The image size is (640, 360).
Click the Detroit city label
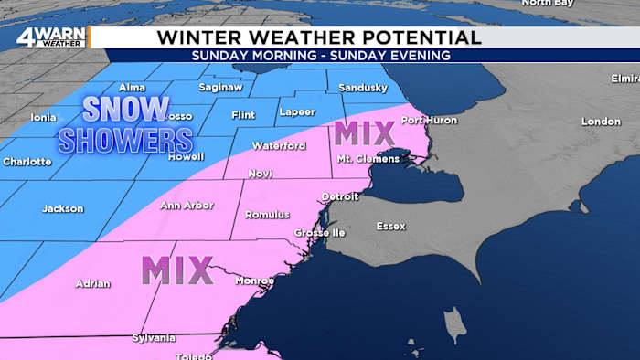click(340, 196)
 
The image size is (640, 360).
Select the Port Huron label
click(426, 121)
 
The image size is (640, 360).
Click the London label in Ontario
click(601, 122)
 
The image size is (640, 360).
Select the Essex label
click(391, 226)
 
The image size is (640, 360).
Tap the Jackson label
click(62, 208)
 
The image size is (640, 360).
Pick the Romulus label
click(267, 215)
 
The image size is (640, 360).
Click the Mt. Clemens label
click(368, 158)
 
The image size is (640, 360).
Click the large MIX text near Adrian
click(177, 270)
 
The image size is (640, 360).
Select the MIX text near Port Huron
click(364, 133)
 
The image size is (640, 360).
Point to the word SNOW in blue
click(126, 110)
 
